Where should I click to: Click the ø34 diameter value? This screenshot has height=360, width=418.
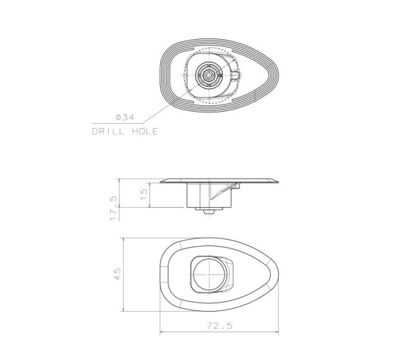[124, 117]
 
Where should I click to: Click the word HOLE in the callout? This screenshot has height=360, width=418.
[142, 132]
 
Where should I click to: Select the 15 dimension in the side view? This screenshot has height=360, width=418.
[144, 194]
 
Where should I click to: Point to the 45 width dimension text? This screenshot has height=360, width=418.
[118, 273]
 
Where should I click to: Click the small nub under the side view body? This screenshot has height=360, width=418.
[207, 211]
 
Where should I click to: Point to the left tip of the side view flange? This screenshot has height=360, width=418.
[161, 181]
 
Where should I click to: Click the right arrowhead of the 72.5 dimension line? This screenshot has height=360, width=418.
[277, 332]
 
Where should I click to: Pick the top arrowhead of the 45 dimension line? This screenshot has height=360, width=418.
[124, 240]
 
